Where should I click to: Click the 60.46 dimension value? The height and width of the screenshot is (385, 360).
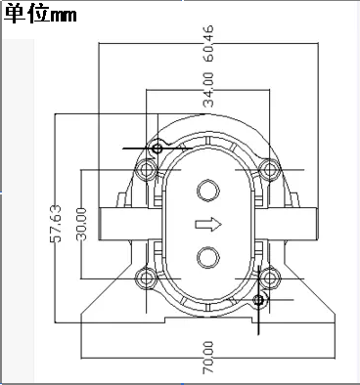tap(209, 44)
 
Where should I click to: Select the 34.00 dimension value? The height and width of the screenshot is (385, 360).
tap(208, 90)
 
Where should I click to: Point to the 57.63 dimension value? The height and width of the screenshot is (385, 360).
tap(56, 224)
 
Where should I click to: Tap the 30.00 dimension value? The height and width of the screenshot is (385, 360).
tap(81, 224)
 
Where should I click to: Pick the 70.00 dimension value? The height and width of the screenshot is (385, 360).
tap(208, 358)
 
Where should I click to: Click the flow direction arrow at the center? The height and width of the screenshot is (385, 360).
tap(208, 225)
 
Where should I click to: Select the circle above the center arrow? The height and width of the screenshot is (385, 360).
tap(208, 191)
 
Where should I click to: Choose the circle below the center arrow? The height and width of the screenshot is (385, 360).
tap(208, 258)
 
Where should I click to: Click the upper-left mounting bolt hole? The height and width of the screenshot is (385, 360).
tap(147, 169)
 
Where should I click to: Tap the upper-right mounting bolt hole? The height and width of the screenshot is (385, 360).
tap(270, 169)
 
